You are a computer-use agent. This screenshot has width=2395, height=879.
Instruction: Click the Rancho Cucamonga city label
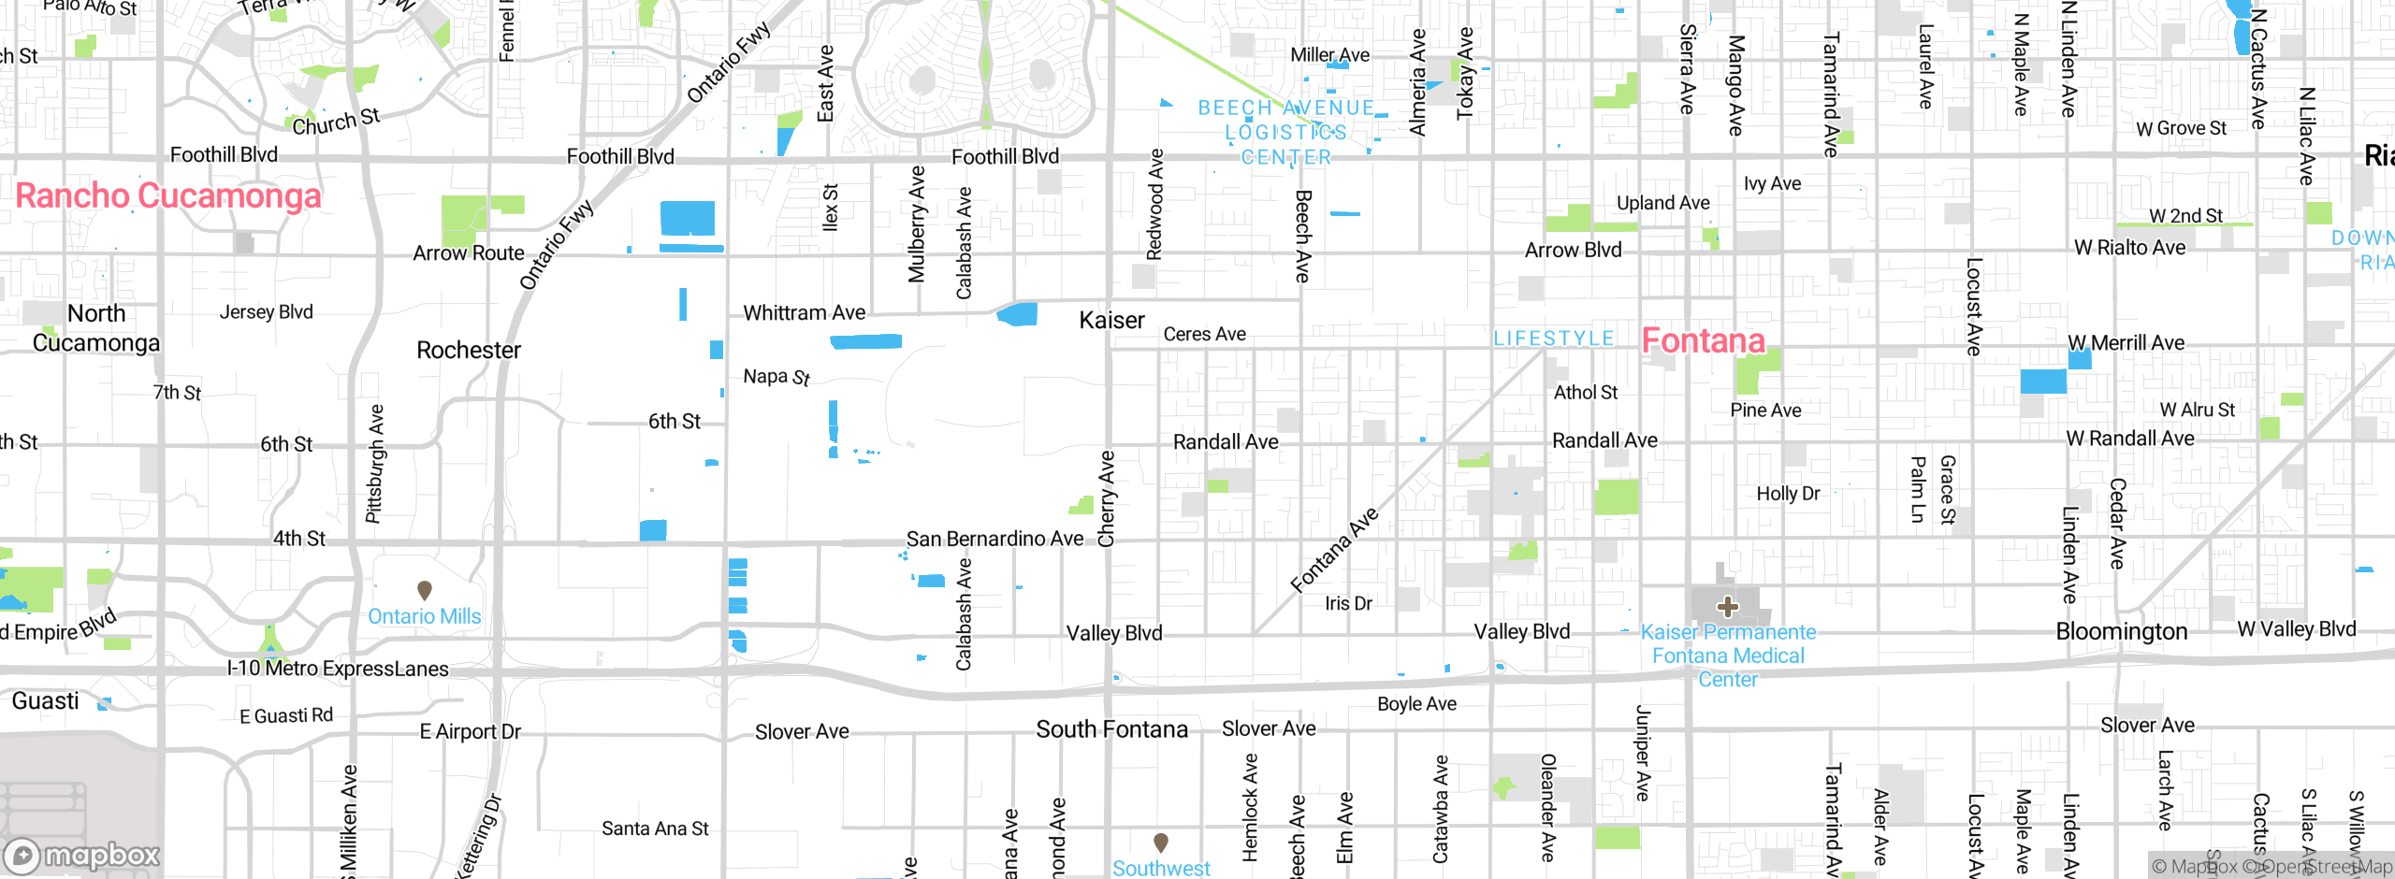click(168, 196)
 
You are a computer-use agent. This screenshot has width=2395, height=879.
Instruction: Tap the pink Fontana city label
click(1703, 340)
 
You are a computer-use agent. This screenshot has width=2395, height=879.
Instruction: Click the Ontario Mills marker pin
click(424, 590)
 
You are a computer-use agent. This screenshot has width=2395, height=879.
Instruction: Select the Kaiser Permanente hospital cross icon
click(1727, 607)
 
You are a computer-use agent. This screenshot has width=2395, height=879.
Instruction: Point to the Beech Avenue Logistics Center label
click(1286, 133)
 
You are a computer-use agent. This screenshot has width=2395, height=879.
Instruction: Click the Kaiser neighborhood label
click(1111, 321)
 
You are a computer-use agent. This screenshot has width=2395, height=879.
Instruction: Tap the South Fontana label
click(1111, 729)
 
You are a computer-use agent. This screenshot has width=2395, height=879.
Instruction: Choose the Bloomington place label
click(2121, 632)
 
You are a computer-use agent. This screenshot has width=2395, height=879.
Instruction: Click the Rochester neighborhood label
click(468, 351)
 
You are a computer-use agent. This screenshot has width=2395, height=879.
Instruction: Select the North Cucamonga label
click(96, 328)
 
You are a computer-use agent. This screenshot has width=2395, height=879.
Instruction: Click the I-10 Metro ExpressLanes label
click(338, 669)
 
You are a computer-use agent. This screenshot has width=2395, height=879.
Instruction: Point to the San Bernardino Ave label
click(994, 539)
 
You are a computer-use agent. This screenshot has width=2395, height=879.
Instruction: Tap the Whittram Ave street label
click(804, 313)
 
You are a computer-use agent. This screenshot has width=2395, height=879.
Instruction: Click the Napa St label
click(776, 377)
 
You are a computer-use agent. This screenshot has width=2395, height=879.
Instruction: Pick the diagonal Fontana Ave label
click(1334, 550)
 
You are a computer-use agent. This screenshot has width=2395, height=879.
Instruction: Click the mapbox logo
click(82, 856)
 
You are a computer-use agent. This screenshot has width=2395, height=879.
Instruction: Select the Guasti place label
click(45, 701)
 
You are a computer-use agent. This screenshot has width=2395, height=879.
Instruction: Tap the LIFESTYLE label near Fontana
click(1553, 339)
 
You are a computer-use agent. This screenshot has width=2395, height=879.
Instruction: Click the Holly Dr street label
click(1788, 494)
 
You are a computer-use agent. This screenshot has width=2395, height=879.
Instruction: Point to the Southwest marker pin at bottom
click(1160, 842)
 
